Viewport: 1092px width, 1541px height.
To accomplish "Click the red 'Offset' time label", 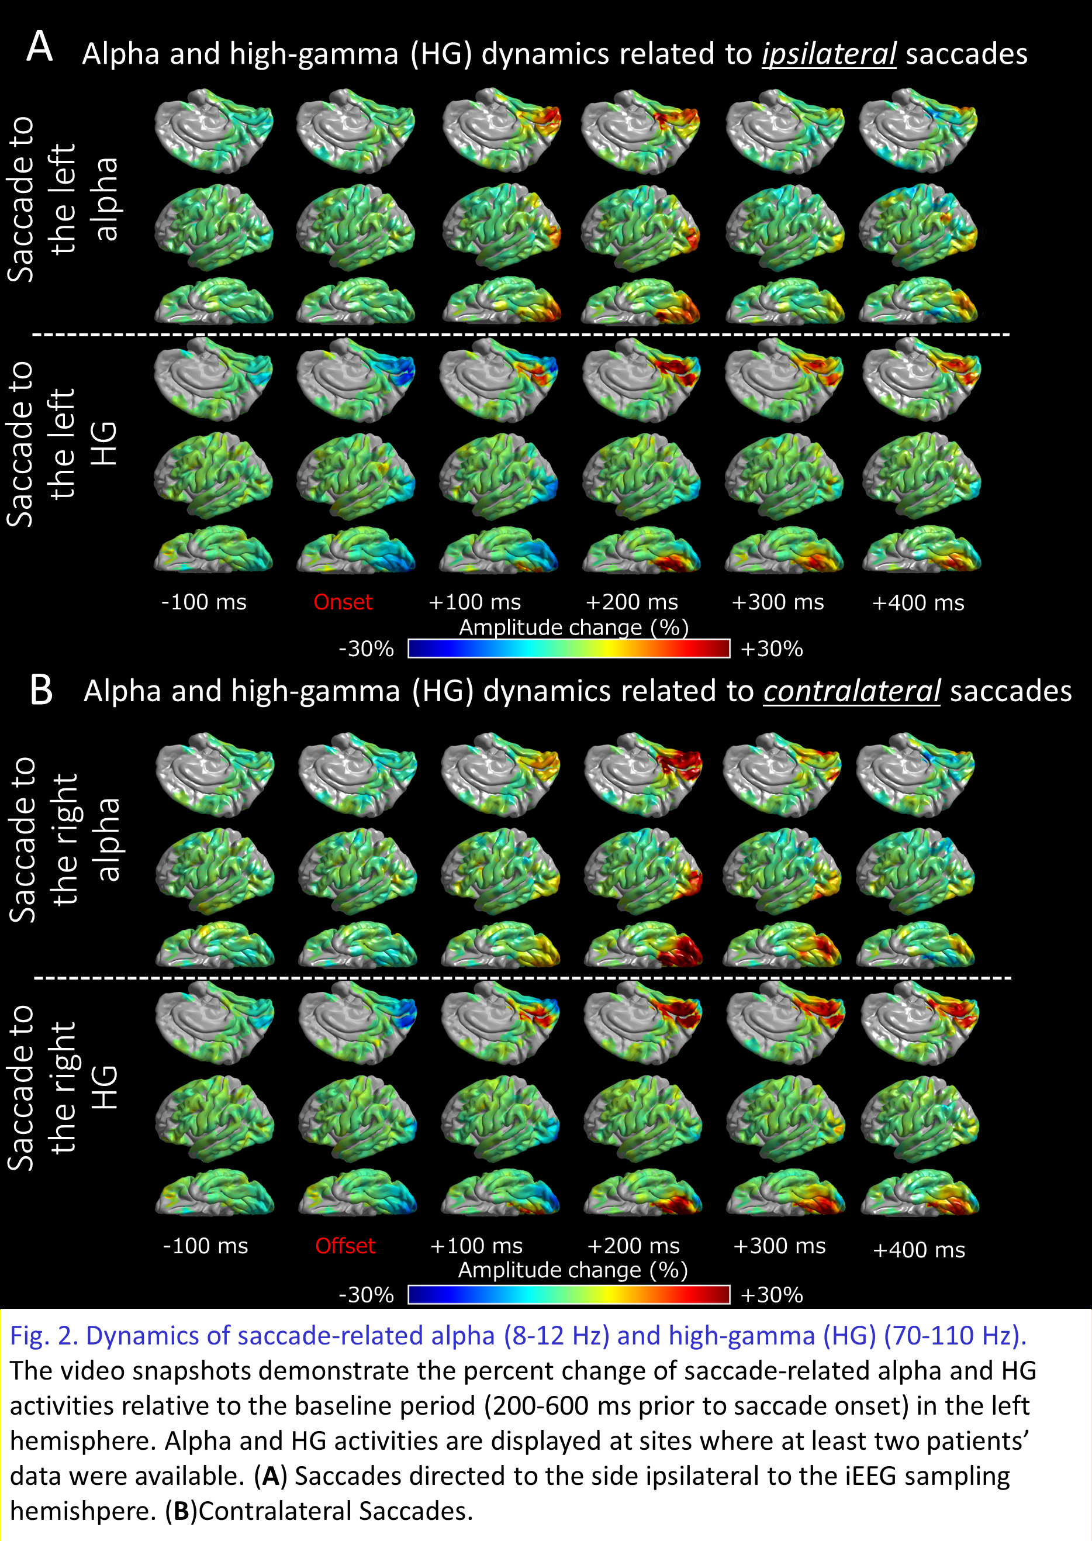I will point(345,1246).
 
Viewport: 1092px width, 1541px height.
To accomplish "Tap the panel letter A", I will point(40,47).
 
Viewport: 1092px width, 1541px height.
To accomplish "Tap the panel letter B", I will point(41,691).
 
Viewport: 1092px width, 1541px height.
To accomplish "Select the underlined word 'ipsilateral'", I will point(828,54).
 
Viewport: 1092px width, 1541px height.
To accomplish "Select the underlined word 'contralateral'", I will point(851,691).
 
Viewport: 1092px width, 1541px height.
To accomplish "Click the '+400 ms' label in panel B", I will point(918,1250).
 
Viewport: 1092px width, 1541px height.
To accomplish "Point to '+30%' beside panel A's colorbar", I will point(771,649).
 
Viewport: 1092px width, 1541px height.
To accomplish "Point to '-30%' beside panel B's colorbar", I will point(366,1295).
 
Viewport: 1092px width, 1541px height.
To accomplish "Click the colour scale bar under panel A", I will point(569,649).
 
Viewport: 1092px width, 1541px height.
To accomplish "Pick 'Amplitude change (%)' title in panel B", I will point(573,1270).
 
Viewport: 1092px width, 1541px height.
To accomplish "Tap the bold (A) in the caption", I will point(270,1476).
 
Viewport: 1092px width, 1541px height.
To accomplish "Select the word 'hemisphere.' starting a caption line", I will point(82,1441).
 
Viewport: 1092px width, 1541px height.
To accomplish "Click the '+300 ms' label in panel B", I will point(779,1246).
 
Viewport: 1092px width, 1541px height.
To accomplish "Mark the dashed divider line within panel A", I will point(521,335).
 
